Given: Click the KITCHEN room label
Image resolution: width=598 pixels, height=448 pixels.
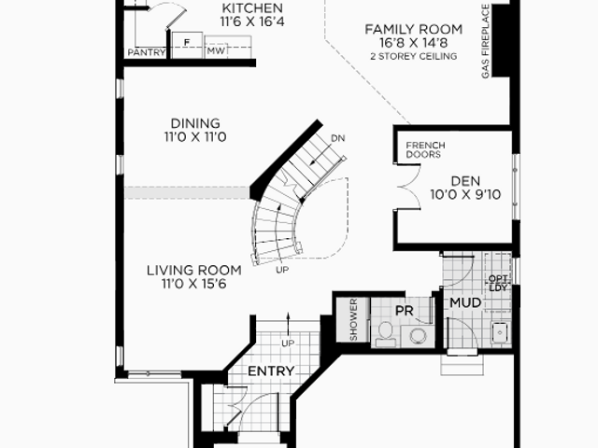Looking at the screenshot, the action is [252, 8].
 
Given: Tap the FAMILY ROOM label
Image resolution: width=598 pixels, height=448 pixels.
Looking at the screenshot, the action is [414, 29].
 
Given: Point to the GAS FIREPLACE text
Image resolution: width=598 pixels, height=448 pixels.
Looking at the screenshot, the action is [485, 41].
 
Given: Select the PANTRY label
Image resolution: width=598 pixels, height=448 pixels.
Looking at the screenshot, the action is [147, 52].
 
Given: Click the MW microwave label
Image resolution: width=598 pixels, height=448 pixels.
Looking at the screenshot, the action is [216, 50].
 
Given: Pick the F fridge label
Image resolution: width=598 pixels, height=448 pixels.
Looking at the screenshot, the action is [187, 42].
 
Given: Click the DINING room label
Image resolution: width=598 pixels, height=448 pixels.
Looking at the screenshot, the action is [195, 123].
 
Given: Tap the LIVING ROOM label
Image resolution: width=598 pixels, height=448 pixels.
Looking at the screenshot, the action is [194, 270].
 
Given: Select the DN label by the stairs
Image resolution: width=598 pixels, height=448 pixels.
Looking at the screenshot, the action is [338, 138].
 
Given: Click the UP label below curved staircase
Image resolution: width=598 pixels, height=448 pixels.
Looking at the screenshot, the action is [282, 270].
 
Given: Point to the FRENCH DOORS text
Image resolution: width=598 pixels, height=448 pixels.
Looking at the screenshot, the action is [425, 149].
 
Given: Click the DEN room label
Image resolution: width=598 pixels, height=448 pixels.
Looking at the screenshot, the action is [465, 181].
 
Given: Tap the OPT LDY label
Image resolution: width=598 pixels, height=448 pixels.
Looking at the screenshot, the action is [498, 284].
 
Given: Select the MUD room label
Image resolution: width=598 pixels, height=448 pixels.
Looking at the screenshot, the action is [465, 302].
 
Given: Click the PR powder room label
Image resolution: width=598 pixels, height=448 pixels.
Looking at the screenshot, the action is [405, 311].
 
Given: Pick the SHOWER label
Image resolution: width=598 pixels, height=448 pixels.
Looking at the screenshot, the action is [353, 319].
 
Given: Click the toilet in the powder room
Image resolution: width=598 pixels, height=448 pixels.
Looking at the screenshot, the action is [385, 334].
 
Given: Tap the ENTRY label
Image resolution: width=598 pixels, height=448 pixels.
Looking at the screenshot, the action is [271, 371].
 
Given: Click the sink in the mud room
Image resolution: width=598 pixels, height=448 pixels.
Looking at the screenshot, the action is [500, 333].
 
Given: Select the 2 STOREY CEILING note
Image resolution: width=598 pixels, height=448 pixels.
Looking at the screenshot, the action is [414, 56].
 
